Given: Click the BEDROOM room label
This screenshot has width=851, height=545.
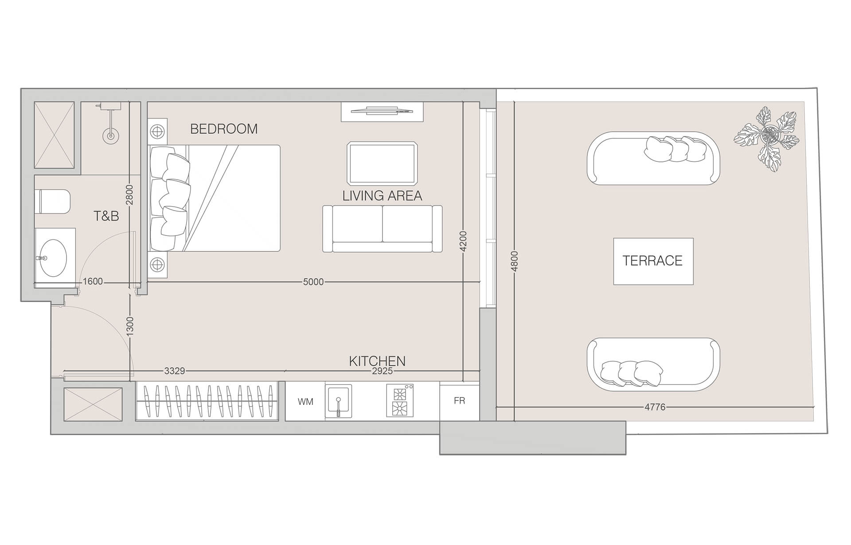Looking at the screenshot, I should click(224, 129).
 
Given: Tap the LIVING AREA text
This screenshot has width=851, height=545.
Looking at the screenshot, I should click(382, 196).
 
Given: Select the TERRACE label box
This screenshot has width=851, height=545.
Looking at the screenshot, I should click(653, 261).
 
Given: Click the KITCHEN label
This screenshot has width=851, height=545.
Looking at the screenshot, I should click(377, 361).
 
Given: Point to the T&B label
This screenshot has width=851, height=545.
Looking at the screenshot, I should click(106, 216).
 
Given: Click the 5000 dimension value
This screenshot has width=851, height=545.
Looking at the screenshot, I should click(313, 282).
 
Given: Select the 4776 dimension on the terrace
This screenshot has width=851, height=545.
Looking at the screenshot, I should click(655, 407).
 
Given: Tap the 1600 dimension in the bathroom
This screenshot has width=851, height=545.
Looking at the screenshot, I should click(93, 282).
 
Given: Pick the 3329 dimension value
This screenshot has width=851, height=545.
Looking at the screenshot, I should click(175, 371).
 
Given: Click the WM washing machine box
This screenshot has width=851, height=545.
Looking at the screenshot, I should click(305, 402).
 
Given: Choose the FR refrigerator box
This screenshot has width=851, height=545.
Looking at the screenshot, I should click(459, 401).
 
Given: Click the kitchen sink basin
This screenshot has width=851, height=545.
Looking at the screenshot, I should click(338, 401).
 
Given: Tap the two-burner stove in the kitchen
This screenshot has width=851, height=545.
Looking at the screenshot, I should click(399, 401).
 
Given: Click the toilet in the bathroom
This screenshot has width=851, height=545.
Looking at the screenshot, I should click(54, 201).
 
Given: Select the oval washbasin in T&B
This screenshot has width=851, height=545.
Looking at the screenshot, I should click(53, 258).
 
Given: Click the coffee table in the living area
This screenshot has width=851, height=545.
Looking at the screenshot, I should click(382, 163).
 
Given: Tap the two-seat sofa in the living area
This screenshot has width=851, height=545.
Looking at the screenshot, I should click(382, 229).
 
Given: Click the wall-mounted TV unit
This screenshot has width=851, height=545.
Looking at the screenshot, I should click(382, 111).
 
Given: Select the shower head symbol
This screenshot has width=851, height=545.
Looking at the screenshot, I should click(110, 135).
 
